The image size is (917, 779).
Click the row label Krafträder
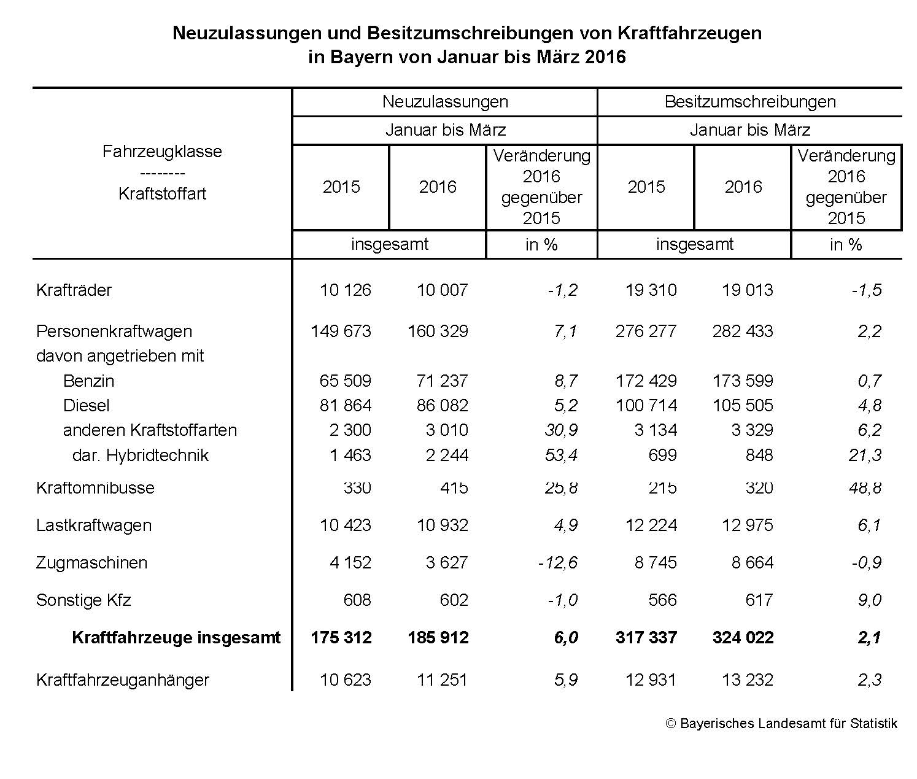point(74,290)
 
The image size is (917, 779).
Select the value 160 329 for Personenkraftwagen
point(438,331)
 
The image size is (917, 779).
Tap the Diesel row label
point(87,406)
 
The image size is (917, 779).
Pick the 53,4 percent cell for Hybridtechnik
point(561,455)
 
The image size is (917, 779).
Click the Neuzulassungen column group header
point(445,102)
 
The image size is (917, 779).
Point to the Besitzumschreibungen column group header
point(749,102)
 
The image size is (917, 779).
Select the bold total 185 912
point(438,638)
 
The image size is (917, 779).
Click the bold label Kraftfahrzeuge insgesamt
point(176,638)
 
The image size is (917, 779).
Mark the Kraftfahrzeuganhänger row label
point(123,680)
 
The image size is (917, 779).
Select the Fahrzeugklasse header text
point(162,152)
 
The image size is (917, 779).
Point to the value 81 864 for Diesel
point(345,406)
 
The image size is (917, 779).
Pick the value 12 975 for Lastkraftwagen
point(748,525)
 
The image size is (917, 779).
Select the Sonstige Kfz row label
point(83,600)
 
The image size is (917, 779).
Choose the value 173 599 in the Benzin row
point(743,381)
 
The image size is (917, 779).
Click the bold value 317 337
point(646,638)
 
